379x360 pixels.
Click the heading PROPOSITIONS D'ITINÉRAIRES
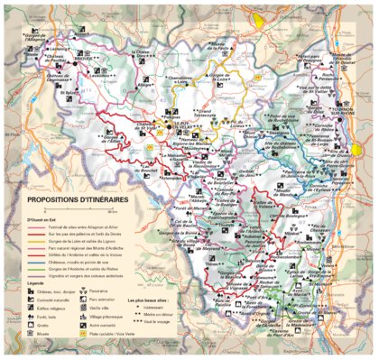(78, 198)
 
